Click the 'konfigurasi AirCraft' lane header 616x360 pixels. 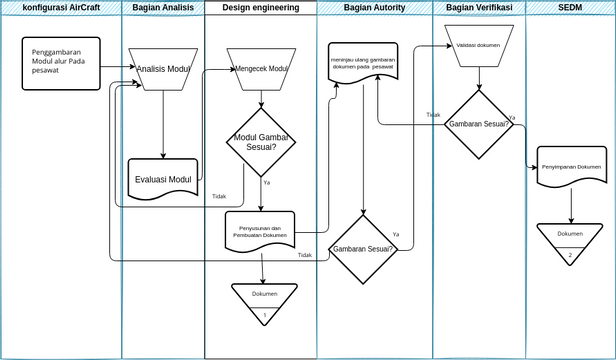coord(61,7)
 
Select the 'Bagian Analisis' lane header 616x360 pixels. coord(163,7)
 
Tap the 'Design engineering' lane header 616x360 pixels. coord(261,7)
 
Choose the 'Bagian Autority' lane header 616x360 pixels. coord(375,7)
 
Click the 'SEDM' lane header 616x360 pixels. coord(570,7)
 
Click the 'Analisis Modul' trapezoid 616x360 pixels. coord(163,69)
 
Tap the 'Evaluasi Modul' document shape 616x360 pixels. coord(163,178)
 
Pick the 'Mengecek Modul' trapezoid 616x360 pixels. coord(261,69)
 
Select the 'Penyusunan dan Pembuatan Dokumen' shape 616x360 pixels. coord(261,231)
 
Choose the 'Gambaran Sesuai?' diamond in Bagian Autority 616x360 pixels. coord(364,248)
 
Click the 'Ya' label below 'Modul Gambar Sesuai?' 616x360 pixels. coord(267,183)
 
